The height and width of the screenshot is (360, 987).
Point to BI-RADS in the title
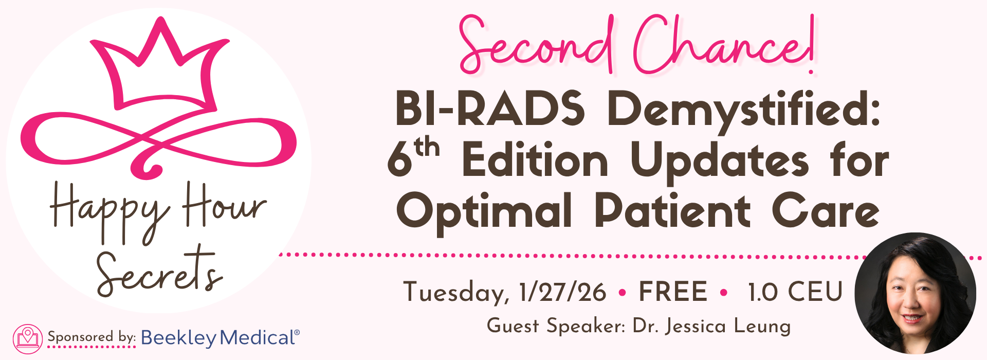pos(490,109)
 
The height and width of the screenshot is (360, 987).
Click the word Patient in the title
pos(672,211)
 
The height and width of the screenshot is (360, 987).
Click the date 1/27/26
pos(563,292)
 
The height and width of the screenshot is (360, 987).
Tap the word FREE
pos(673,292)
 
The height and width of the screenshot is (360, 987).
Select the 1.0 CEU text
pos(795,292)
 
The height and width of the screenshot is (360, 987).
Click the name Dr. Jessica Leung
pos(712,326)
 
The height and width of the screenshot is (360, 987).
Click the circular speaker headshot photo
pos(915,293)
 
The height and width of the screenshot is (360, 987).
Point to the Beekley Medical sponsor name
pos(220,338)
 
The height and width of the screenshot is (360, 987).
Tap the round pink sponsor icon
pos(28,338)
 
